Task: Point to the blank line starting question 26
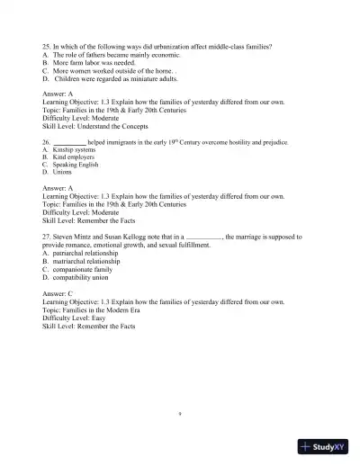[x=69, y=142]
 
